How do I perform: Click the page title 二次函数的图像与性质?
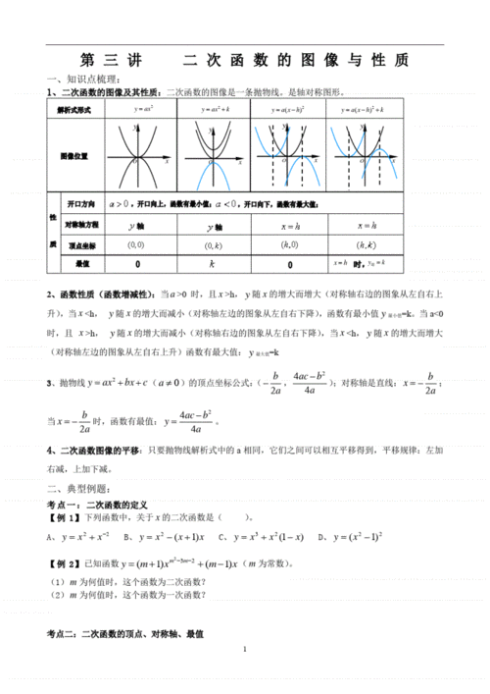pyautogui.click(x=244, y=60)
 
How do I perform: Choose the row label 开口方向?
pyautogui.click(x=80, y=203)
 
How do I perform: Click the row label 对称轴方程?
pyautogui.click(x=82, y=225)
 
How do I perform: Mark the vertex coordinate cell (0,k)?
pyautogui.click(x=214, y=244)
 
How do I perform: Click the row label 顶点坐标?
pyautogui.click(x=80, y=244)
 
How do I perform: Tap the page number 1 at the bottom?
pyautogui.click(x=244, y=649)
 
